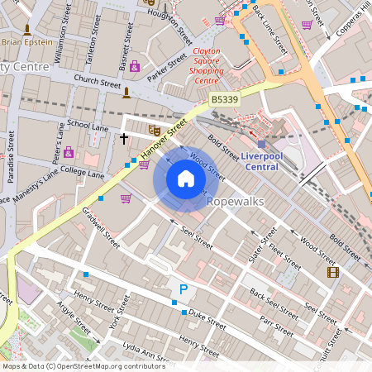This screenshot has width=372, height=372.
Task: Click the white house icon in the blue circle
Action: tap(186, 179)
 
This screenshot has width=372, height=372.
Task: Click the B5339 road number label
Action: tap(225, 99)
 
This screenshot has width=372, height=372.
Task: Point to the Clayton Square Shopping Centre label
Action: tap(200, 65)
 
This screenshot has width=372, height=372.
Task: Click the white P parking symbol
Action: tap(183, 289)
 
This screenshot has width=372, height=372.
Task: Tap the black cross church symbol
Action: tap(125, 138)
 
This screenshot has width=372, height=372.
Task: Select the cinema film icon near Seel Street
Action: tap(332, 272)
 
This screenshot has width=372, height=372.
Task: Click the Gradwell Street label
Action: tap(102, 227)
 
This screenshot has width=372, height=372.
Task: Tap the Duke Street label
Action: tap(207, 314)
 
